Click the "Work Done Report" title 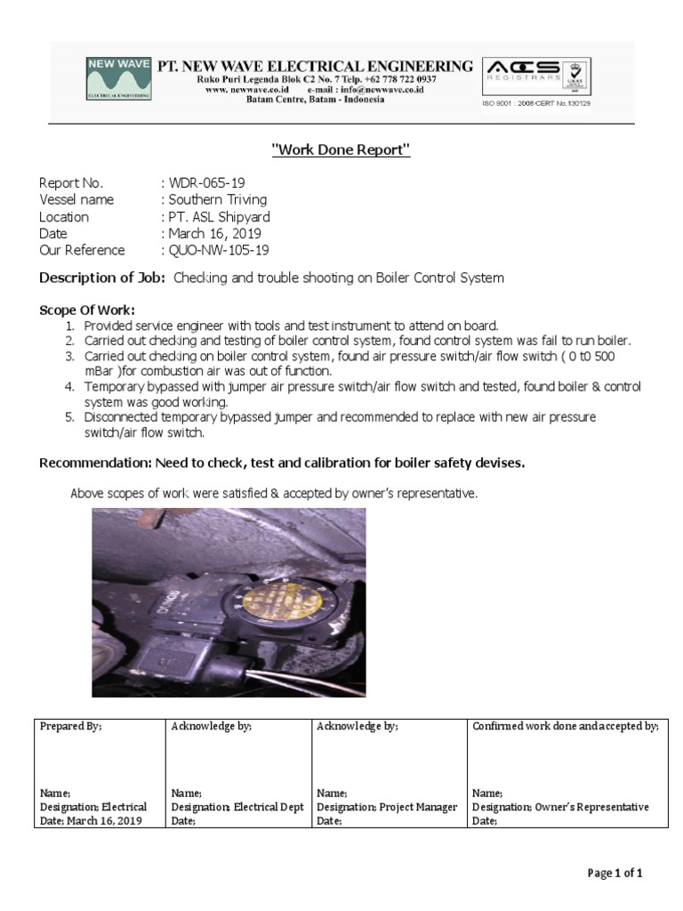tap(341, 150)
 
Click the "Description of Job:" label tap(102, 278)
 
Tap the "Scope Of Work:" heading tap(87, 310)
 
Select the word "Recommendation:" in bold tap(96, 464)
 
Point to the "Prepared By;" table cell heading tap(71, 727)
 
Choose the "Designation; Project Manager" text tap(387, 807)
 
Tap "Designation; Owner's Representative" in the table tap(560, 807)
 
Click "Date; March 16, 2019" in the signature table tap(92, 821)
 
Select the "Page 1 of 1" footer tap(615, 873)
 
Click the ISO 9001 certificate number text tap(536, 103)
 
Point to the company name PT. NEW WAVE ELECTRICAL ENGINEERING tap(316, 67)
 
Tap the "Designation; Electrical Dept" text tap(237, 807)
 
